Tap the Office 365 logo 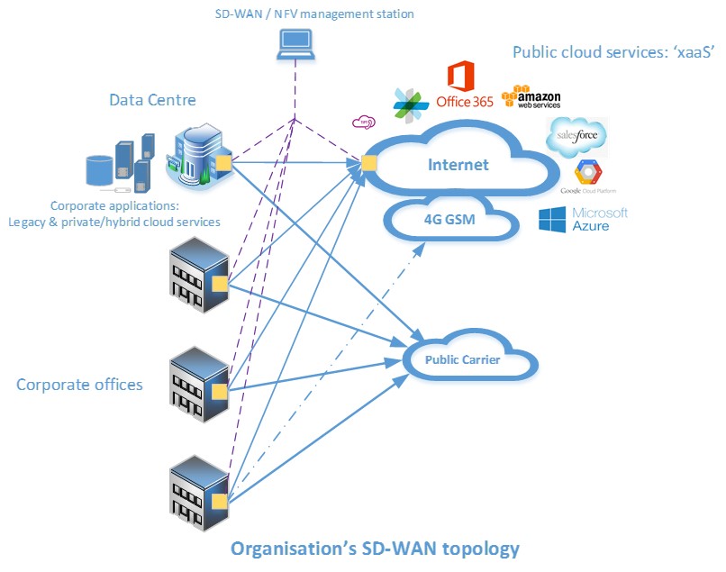[x=463, y=86]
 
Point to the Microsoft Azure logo [x=583, y=219]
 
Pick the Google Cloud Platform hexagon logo [x=588, y=174]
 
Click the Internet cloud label [x=458, y=165]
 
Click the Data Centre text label [x=152, y=100]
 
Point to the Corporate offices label [x=79, y=385]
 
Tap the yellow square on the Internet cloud [x=368, y=163]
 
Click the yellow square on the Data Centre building [x=222, y=162]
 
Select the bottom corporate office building [x=196, y=492]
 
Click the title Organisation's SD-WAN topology [x=375, y=548]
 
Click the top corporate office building [x=196, y=276]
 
